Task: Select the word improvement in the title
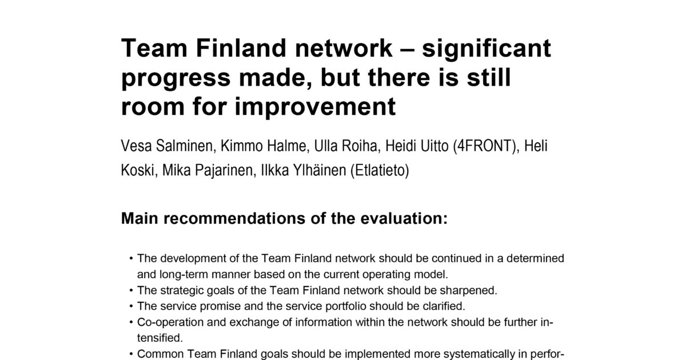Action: pyautogui.click(x=315, y=108)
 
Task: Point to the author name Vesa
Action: pyautogui.click(x=136, y=146)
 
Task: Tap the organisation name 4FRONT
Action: pyautogui.click(x=484, y=146)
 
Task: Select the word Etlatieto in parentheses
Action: pyautogui.click(x=380, y=170)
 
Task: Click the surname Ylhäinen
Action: pyautogui.click(x=320, y=170)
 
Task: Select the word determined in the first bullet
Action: pyautogui.click(x=535, y=258)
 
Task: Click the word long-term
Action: pyautogui.click(x=184, y=275)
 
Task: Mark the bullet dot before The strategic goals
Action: pyautogui.click(x=131, y=290)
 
